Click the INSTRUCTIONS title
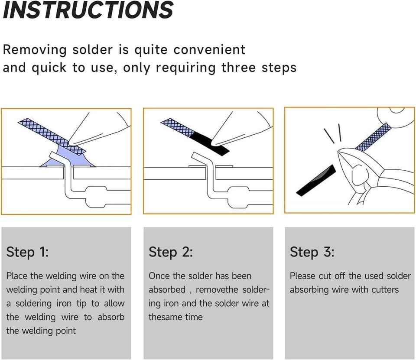pyautogui.click(x=88, y=10)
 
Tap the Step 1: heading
pyautogui.click(x=27, y=252)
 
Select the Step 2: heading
pyautogui.click(x=170, y=252)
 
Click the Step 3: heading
pyautogui.click(x=312, y=252)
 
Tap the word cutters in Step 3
pyautogui.click(x=382, y=289)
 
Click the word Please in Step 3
pyautogui.click(x=303, y=276)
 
